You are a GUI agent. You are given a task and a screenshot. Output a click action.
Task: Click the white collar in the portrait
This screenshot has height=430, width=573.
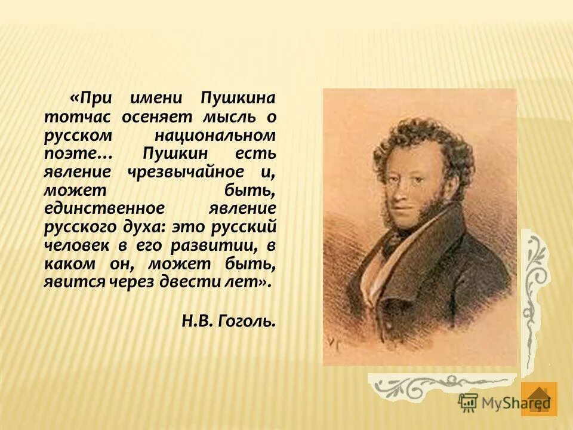point(394,251)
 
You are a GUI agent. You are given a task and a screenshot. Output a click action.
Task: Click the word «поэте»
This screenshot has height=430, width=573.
point(69,153)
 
